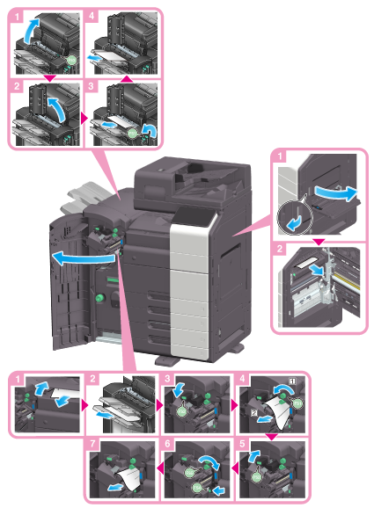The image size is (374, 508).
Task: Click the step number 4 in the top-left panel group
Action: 92,16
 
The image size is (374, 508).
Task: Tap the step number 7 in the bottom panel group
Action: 92,443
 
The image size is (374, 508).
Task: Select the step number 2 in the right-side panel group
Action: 279,249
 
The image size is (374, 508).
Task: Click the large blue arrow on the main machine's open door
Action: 84,258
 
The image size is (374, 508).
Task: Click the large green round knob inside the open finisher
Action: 99,297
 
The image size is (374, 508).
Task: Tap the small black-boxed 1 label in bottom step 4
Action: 292,381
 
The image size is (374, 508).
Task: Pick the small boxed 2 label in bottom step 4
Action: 254,413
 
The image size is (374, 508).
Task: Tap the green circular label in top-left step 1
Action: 71,61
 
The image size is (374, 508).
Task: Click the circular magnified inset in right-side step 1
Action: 295,217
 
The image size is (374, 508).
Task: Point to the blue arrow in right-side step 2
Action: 316,270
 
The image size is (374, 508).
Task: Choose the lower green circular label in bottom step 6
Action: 197,488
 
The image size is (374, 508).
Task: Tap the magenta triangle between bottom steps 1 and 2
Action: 85,405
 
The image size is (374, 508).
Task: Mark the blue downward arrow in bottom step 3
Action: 179,389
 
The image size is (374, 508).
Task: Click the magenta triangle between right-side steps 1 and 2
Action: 319,242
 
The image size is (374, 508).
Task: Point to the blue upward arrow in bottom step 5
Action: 254,456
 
